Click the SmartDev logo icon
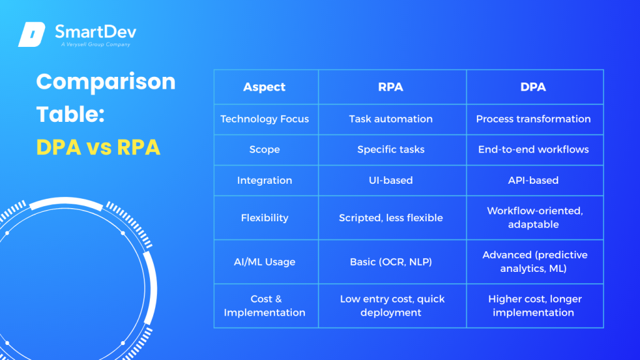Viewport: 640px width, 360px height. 32,34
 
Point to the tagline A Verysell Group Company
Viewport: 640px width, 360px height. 95,45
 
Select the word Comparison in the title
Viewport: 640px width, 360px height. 106,82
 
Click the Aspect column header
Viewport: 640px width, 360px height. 264,87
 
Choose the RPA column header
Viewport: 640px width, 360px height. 391,87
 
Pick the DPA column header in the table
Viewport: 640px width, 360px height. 533,87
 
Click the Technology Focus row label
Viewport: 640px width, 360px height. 264,119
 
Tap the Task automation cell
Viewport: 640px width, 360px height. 391,119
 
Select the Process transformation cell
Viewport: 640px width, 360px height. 533,119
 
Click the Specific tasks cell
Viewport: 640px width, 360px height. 391,149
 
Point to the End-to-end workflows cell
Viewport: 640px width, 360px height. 533,149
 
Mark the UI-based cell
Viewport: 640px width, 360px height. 391,180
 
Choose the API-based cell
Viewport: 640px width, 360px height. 533,180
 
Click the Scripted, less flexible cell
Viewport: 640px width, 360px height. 391,217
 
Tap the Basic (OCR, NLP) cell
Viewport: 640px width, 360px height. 391,262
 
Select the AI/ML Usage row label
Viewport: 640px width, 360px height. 264,262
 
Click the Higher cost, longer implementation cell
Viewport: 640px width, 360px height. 533,306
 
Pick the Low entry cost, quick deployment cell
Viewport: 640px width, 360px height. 392,306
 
